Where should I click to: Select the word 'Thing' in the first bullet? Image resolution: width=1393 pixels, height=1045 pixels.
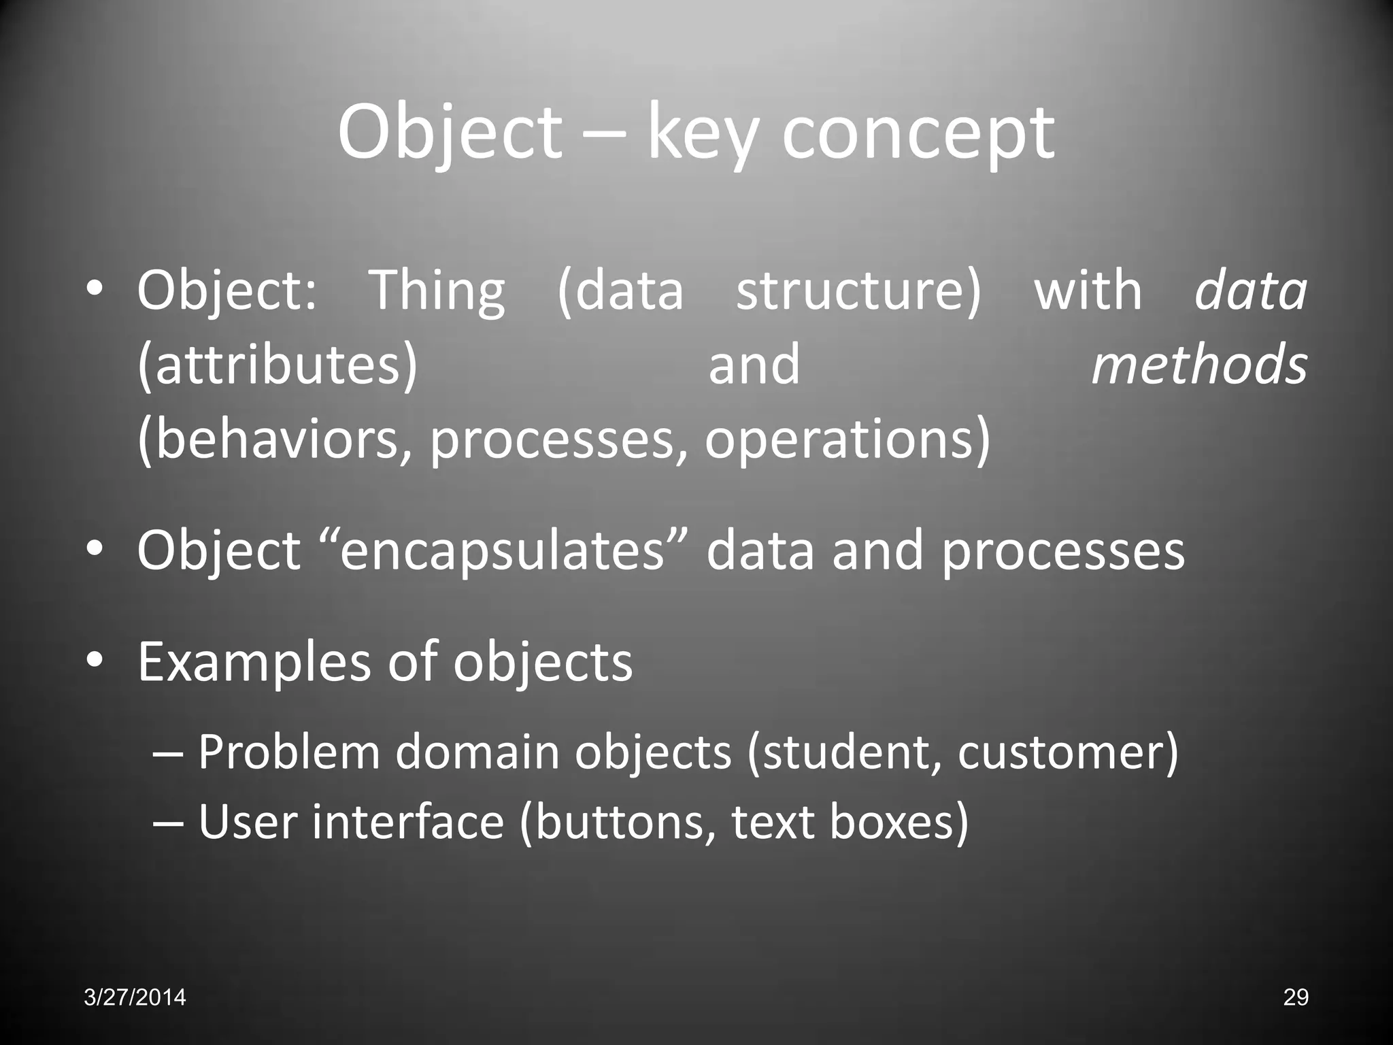(x=437, y=291)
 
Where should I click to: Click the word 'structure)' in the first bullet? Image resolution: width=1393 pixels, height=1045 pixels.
(x=859, y=291)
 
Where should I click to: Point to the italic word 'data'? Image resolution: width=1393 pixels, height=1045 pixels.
(x=1251, y=291)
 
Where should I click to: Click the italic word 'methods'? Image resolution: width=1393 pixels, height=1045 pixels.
(x=1199, y=365)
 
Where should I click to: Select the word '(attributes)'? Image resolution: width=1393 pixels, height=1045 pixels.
(x=278, y=365)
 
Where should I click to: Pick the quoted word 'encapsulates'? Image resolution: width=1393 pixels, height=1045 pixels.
(x=502, y=550)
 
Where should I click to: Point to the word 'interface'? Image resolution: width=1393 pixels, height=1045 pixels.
(x=408, y=822)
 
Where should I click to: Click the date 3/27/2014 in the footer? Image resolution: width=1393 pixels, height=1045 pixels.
(x=135, y=997)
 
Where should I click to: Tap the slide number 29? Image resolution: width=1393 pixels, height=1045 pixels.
(x=1295, y=997)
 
